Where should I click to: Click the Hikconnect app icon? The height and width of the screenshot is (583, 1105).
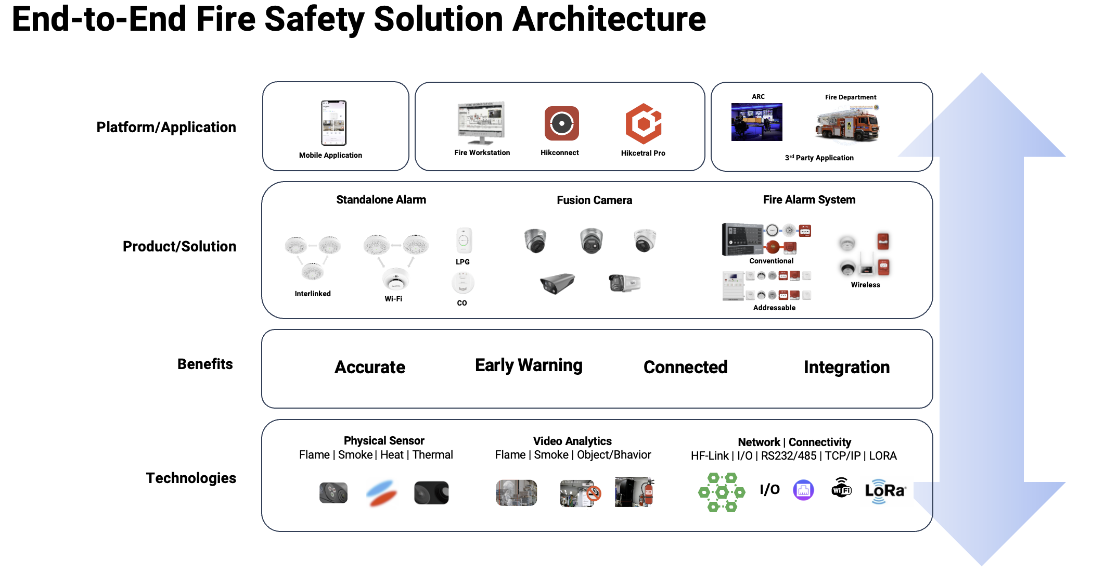pos(561,123)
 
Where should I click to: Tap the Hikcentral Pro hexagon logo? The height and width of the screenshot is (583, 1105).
pos(643,123)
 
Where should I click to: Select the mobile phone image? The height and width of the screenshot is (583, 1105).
pos(333,123)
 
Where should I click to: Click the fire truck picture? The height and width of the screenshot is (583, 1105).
pos(847,124)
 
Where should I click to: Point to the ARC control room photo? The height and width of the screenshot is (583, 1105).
pos(756,122)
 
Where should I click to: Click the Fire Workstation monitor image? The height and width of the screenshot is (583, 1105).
pos(481,122)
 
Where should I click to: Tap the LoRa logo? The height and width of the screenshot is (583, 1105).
pos(885,491)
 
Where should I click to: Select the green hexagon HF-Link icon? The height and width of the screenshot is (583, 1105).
pos(722,492)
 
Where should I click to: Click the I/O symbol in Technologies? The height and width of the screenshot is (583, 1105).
pos(769,489)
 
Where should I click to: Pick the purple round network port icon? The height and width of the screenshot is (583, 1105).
pos(803,490)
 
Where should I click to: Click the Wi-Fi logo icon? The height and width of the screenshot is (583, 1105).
pos(841,488)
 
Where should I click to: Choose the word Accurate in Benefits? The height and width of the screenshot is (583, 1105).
pos(369,367)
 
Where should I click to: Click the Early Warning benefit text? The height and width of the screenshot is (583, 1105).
pos(529,365)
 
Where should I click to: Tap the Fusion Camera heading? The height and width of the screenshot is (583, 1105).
pos(594,200)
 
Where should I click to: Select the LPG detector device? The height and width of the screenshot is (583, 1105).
pos(464,240)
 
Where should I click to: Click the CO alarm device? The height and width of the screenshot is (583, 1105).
pos(462,283)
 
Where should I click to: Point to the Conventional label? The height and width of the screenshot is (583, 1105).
pos(771,261)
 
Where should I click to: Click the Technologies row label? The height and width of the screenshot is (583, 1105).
pos(191,478)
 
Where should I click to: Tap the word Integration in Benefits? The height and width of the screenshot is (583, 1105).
pos(846,367)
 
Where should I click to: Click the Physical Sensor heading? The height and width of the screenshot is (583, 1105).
pos(384,440)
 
